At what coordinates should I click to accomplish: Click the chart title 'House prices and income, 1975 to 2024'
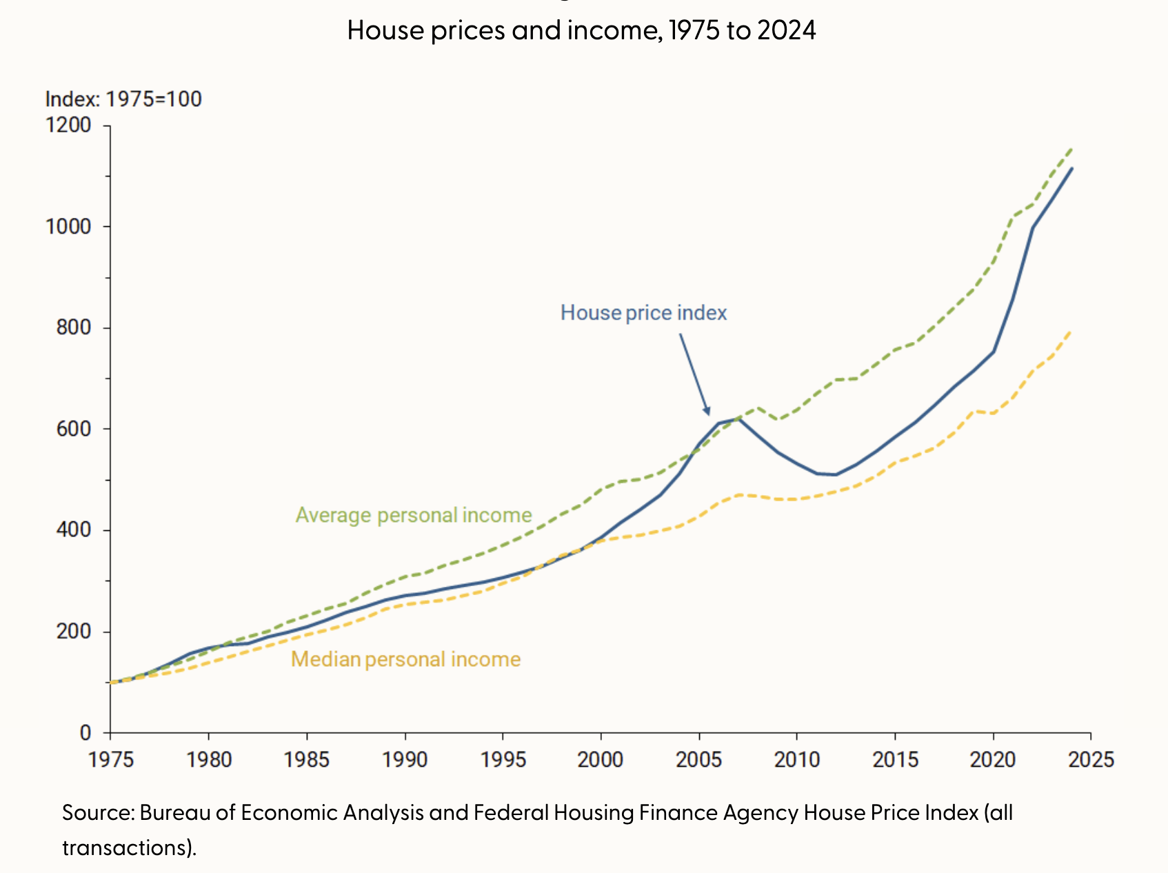(x=581, y=30)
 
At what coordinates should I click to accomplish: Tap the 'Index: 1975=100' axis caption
(x=123, y=99)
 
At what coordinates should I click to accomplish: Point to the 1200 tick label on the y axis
(x=68, y=125)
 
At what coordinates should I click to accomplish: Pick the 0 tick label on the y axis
(x=85, y=732)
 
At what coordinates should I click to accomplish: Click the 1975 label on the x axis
(x=111, y=759)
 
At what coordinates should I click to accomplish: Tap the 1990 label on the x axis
(x=405, y=759)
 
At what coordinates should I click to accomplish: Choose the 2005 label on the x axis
(x=699, y=759)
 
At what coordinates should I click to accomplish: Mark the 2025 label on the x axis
(x=1091, y=759)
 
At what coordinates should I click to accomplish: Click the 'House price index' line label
(x=643, y=313)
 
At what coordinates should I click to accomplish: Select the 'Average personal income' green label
(x=414, y=515)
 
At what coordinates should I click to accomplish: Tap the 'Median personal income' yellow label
(x=405, y=659)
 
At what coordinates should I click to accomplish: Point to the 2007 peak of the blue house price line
(x=739, y=419)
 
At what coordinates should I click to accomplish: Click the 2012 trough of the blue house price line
(x=836, y=474)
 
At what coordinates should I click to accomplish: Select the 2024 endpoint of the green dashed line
(x=1071, y=148)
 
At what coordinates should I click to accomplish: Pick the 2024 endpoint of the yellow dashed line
(x=1070, y=332)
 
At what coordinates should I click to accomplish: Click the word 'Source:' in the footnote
(x=98, y=812)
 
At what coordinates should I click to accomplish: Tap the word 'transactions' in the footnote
(x=124, y=847)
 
